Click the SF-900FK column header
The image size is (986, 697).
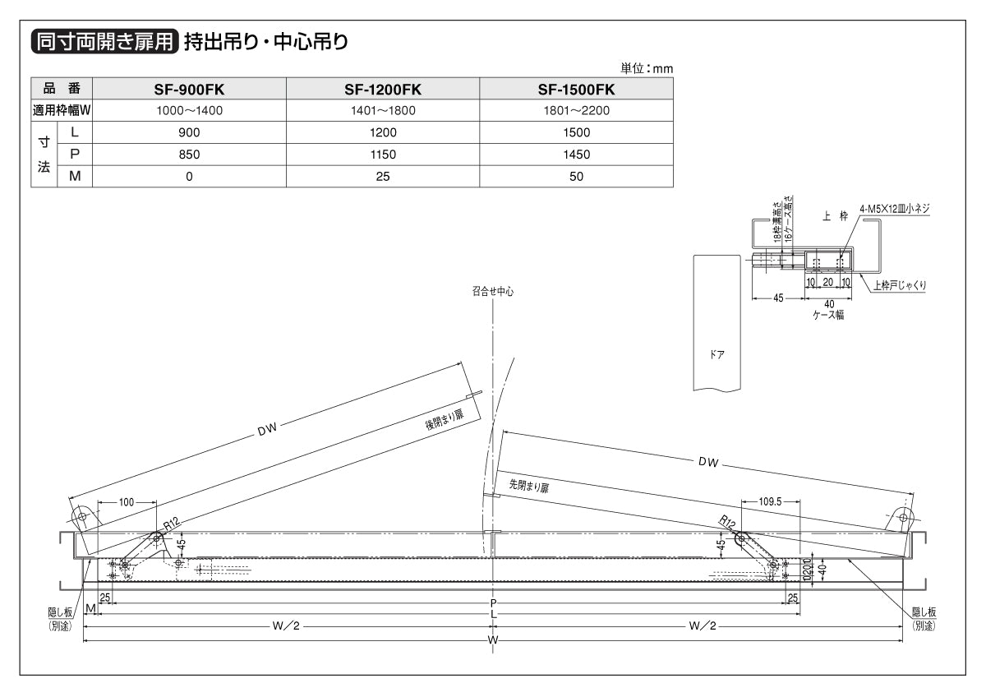click(x=189, y=89)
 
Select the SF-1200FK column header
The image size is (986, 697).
click(x=382, y=89)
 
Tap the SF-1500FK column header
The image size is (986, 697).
click(x=576, y=89)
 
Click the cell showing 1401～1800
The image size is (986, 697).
click(x=382, y=110)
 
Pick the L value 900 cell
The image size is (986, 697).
click(x=189, y=132)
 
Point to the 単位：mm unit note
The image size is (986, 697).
click(x=646, y=68)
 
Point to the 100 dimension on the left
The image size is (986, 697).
click(x=125, y=500)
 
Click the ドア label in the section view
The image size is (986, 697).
click(x=716, y=355)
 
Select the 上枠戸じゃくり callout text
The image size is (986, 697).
click(x=901, y=284)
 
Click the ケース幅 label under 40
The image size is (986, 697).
click(x=828, y=315)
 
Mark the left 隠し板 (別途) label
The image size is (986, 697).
click(x=61, y=619)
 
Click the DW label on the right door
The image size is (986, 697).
click(x=708, y=463)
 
